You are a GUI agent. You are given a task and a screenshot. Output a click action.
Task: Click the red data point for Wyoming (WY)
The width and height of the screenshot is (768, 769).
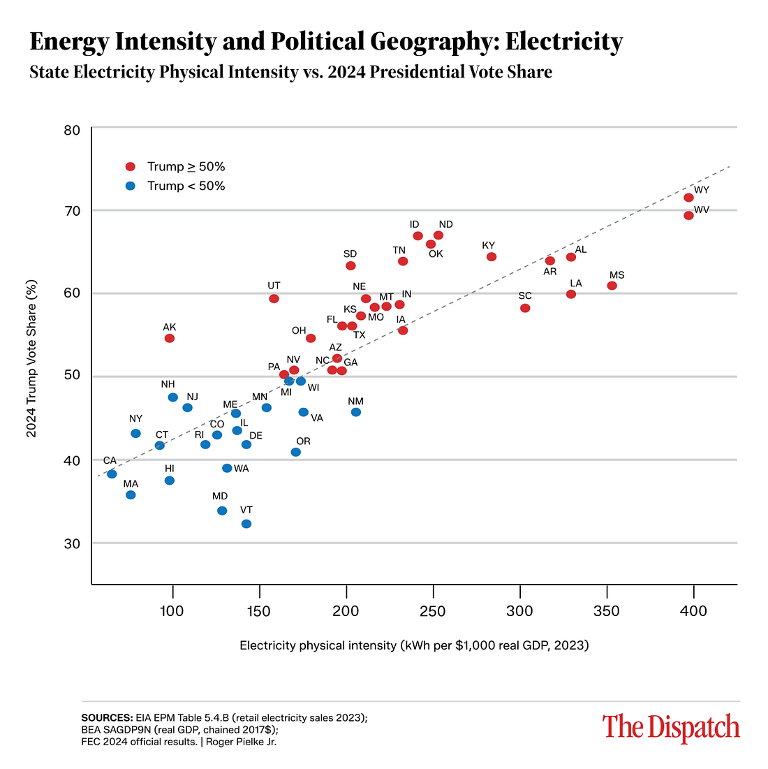point(688,198)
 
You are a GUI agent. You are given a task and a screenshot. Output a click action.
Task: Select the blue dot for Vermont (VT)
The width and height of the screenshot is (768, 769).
point(246,524)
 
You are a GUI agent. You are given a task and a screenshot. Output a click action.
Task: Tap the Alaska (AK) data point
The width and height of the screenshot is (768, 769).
point(169,338)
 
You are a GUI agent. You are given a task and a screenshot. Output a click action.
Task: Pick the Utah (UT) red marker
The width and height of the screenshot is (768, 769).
point(274,298)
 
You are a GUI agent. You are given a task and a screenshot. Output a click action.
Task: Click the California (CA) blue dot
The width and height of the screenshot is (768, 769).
point(112,474)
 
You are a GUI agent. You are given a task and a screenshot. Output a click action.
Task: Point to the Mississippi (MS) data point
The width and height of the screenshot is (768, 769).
point(612,286)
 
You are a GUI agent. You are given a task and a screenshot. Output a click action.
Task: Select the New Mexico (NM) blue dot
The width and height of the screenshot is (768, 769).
point(355,412)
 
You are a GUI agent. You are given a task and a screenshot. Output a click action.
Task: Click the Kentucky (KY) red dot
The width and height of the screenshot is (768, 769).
point(491,257)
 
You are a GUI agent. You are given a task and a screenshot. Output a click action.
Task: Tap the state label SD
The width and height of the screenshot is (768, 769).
point(350,254)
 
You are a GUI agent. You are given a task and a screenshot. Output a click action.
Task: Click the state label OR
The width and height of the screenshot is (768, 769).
point(303,441)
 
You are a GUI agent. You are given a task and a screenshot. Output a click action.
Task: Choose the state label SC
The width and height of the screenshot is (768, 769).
point(525,296)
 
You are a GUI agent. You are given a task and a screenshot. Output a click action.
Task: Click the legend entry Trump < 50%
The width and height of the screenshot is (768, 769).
point(186,186)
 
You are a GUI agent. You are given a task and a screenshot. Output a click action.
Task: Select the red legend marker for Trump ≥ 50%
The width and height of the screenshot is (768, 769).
point(130,167)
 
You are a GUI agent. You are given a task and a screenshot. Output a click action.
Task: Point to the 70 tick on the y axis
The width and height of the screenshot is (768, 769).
point(72,211)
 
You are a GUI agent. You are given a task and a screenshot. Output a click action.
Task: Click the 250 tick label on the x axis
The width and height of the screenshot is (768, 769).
point(433,611)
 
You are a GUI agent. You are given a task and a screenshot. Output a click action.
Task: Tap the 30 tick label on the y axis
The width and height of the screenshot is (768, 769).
point(72,544)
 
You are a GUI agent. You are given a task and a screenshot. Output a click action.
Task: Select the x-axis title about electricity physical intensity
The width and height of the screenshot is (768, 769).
point(414,645)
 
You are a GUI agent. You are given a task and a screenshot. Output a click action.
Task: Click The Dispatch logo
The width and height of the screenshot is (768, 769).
point(670,727)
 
